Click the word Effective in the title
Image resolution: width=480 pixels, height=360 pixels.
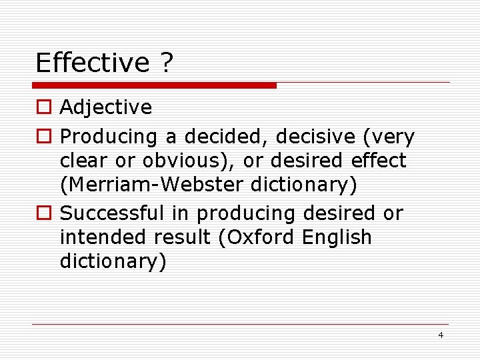coord(93,63)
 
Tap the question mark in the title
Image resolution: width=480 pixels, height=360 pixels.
coord(166,63)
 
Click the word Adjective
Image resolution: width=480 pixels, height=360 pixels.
coord(106,107)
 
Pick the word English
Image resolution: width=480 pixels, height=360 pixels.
coord(337,237)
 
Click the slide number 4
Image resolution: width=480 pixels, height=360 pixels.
coord(441,335)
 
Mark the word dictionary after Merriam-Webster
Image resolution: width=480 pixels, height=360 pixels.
coord(303,185)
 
